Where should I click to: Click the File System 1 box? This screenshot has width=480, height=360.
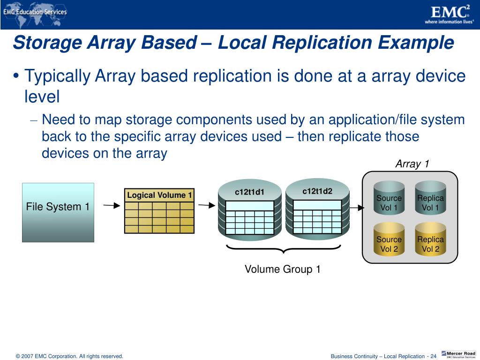58,212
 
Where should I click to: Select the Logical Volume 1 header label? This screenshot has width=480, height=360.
159,195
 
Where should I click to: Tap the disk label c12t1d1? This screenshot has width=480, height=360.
249,192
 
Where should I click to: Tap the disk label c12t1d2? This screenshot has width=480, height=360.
317,191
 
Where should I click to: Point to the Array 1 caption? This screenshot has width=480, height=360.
412,164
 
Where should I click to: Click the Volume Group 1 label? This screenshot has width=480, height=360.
283,269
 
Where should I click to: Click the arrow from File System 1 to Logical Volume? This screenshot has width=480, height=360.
112,205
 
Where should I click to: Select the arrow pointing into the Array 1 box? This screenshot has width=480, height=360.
357,208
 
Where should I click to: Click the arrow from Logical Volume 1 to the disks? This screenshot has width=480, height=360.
206,205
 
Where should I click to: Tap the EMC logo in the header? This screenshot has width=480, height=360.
449,14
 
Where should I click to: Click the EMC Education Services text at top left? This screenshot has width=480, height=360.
35,12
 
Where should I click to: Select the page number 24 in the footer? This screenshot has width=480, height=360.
433,356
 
